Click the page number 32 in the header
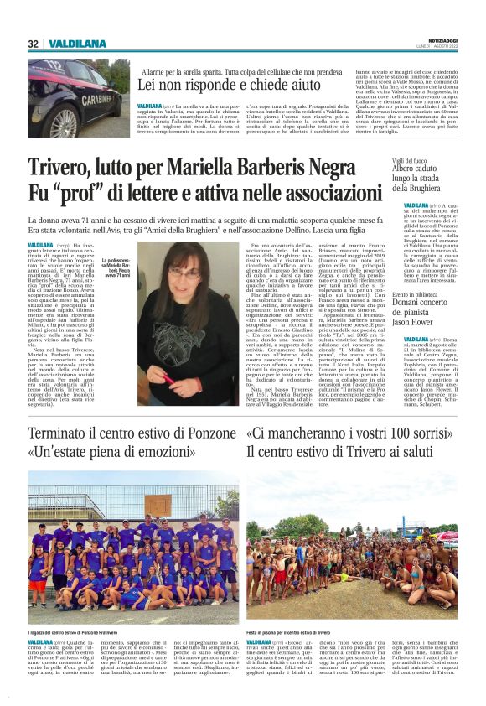coord(32,44)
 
